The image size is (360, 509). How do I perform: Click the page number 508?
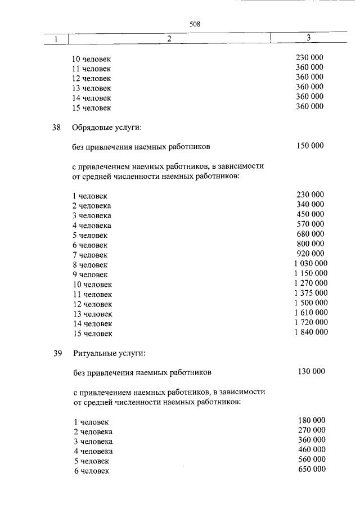195,24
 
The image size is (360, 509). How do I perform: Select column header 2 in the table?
169,39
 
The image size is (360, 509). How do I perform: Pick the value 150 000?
309,146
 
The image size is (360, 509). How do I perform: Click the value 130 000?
310,371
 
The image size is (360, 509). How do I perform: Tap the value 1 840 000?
310,332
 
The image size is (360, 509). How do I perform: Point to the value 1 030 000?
310,263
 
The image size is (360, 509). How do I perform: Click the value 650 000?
311,470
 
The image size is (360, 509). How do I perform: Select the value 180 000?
311,420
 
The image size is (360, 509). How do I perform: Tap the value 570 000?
310,224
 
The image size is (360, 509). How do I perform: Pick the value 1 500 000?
310,303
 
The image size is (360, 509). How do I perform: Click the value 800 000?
310,244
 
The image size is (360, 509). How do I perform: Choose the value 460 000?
311,449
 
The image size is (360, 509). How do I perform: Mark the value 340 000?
310,204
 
